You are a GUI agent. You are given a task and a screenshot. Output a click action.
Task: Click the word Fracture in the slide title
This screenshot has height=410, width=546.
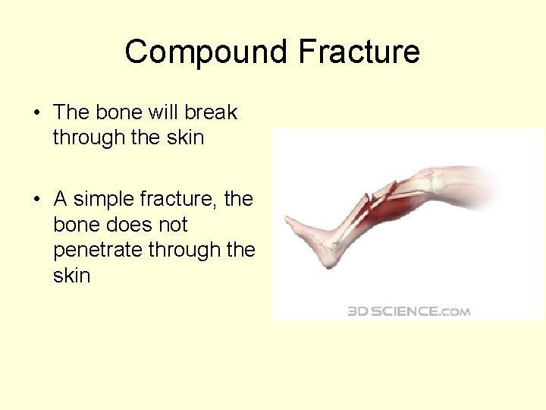359,52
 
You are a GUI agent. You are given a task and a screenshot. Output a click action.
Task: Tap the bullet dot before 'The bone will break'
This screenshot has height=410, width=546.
37,113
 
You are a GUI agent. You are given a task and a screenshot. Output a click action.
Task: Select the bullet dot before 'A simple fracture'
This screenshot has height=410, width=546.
37,200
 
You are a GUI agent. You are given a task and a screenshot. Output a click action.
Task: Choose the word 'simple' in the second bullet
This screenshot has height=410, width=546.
108,199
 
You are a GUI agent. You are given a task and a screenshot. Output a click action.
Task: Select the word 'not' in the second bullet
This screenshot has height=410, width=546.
170,225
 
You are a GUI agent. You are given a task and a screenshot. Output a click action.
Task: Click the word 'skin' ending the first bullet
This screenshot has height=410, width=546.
186,137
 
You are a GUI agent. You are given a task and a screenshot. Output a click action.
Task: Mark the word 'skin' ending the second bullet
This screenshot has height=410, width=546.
71,275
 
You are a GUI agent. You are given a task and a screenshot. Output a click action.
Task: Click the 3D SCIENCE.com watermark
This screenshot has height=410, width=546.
409,311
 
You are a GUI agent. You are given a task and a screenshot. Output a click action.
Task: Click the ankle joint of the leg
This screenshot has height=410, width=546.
334,243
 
